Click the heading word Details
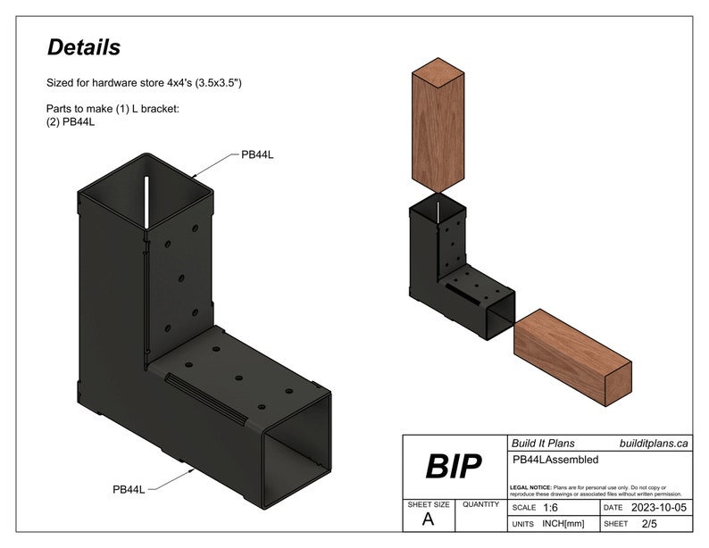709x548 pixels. click(x=84, y=47)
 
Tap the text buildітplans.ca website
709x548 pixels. click(x=654, y=443)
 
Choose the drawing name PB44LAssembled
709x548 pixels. click(x=555, y=460)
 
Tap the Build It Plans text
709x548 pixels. click(x=543, y=443)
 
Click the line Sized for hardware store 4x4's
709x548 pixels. click(x=145, y=82)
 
